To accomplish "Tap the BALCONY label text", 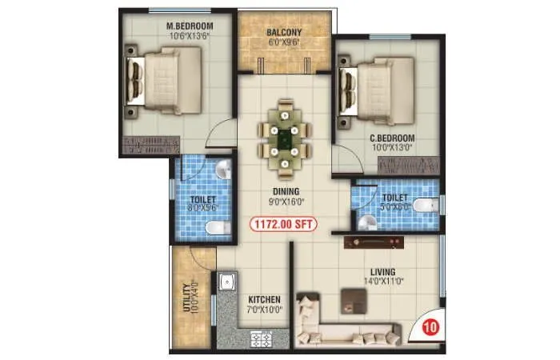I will [283, 33].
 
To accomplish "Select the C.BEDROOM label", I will [390, 138].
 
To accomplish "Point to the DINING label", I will [285, 192].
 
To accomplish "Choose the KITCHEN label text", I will [265, 300].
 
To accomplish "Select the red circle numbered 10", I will [430, 326].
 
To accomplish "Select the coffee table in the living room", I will [352, 298].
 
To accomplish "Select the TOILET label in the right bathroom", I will [395, 197].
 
